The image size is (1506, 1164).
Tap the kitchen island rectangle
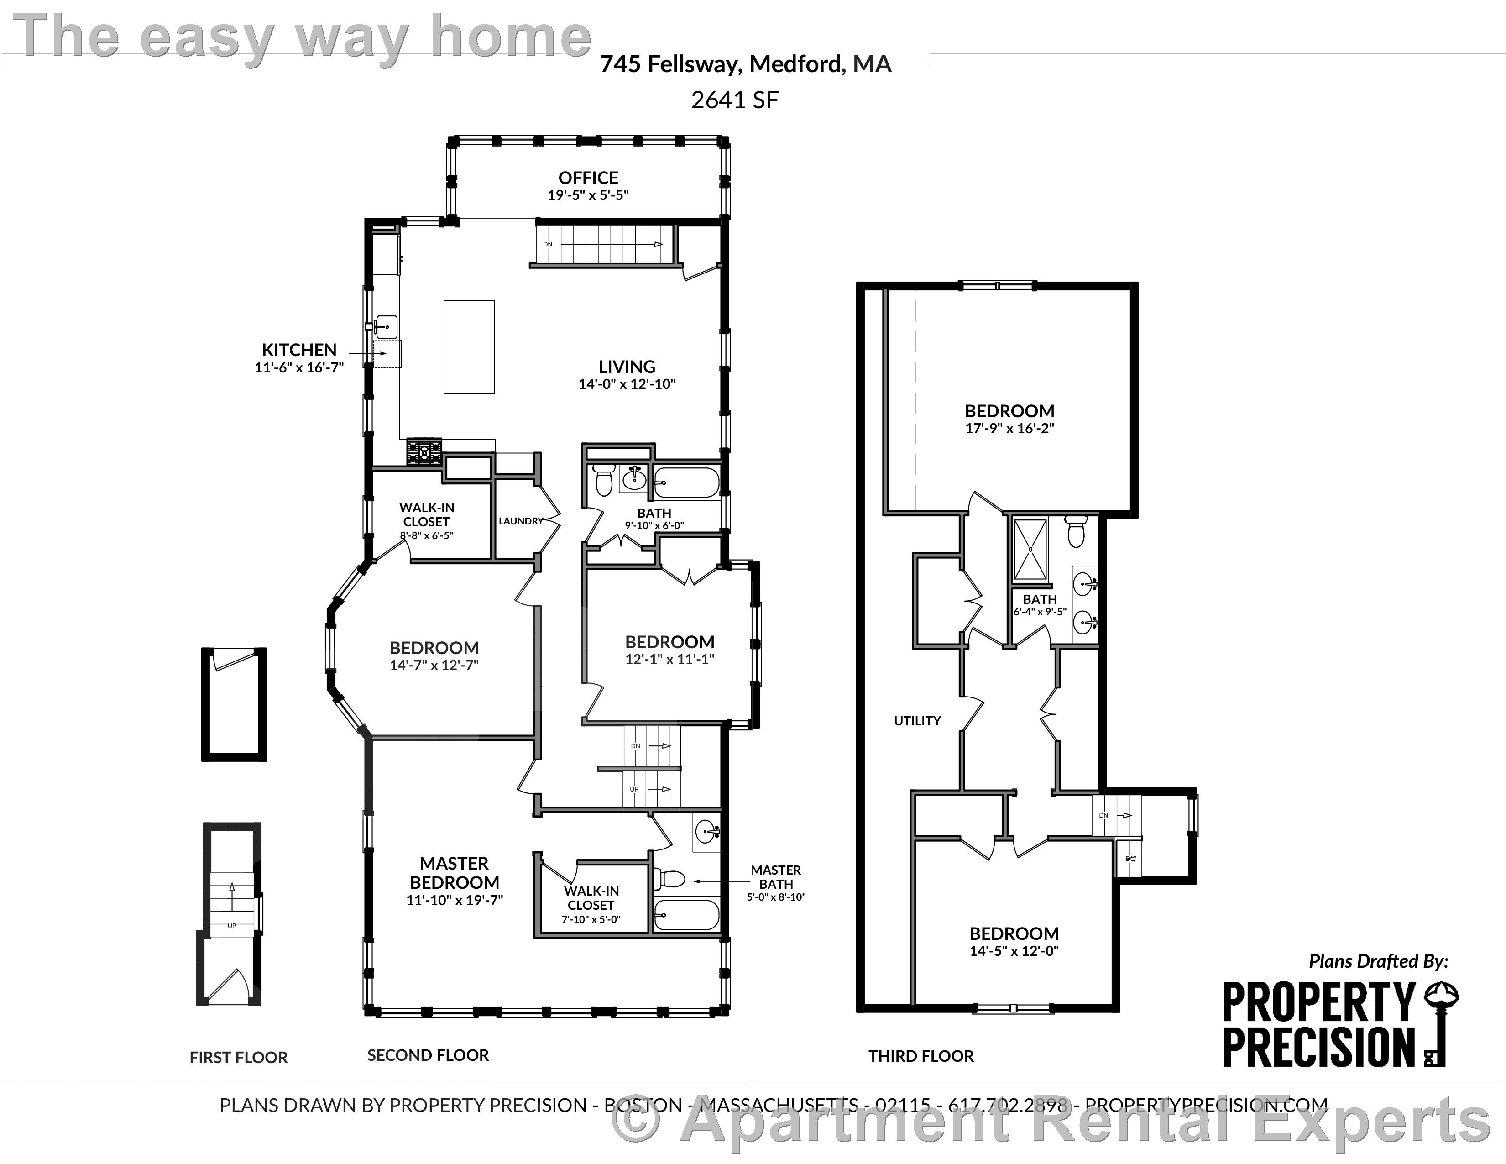tap(469, 347)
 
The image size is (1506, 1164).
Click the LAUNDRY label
tap(521, 521)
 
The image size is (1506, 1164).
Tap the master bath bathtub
tap(686, 915)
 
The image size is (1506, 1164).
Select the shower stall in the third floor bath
tap(1030, 550)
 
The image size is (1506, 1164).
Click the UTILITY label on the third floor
tap(917, 721)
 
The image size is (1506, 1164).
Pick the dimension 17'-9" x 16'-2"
tap(1009, 428)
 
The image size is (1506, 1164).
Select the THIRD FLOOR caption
tap(920, 1056)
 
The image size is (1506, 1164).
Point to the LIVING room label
tap(627, 367)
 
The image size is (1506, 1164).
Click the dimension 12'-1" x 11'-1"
tap(669, 659)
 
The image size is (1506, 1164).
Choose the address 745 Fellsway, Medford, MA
tap(745, 64)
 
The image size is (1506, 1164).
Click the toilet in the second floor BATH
tap(604, 480)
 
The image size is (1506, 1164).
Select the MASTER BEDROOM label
tap(455, 873)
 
